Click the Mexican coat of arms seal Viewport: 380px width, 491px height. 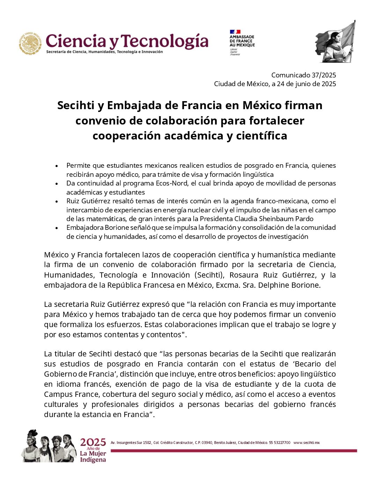click(30, 44)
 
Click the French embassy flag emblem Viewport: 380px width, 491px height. click(235, 32)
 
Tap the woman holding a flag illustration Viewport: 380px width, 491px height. click(335, 42)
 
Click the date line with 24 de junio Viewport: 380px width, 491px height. click(275, 84)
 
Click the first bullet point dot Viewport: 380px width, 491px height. click(57, 166)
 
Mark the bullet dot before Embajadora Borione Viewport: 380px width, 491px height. click(57, 228)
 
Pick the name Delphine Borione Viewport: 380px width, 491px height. click(292, 285)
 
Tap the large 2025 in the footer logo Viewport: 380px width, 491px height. click(93, 443)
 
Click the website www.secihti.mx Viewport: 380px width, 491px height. click(306, 443)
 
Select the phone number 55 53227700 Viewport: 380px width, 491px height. click(279, 443)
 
